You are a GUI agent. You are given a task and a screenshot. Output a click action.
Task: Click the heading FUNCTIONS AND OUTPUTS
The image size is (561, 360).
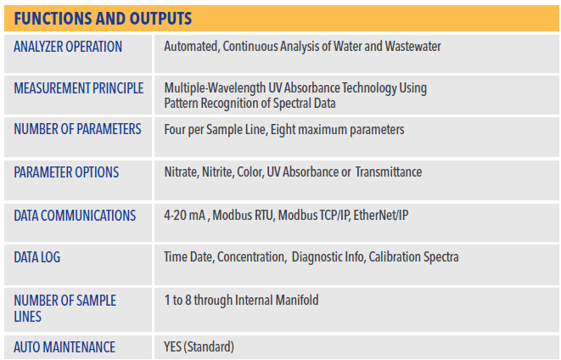[103, 19]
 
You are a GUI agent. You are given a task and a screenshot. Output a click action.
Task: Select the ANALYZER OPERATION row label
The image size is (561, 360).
[68, 47]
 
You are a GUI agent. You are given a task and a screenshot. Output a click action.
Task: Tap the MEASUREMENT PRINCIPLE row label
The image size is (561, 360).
[79, 88]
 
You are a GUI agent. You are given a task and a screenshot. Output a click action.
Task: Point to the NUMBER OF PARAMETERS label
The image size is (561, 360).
[77, 129]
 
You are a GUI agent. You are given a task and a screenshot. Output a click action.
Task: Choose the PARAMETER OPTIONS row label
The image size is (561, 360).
[66, 172]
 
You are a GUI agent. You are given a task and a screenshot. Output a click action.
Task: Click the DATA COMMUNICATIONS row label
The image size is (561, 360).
[75, 216]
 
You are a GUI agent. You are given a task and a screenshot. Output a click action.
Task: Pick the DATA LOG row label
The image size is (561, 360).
[36, 257]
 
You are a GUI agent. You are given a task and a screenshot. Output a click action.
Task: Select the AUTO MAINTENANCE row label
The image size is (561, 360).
[65, 347]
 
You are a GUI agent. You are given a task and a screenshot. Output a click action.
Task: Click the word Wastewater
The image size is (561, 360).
[412, 47]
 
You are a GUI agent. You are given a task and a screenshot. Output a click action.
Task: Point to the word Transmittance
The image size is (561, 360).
[389, 172]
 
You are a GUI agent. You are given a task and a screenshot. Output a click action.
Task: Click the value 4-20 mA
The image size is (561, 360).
[185, 216]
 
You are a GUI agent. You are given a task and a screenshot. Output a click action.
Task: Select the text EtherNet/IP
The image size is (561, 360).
[381, 216]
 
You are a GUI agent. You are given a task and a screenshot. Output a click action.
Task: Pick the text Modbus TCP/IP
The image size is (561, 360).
[315, 216]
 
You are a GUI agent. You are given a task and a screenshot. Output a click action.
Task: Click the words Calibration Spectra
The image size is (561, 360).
[413, 257]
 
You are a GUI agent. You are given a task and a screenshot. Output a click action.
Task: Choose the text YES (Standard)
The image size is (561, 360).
[199, 346]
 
